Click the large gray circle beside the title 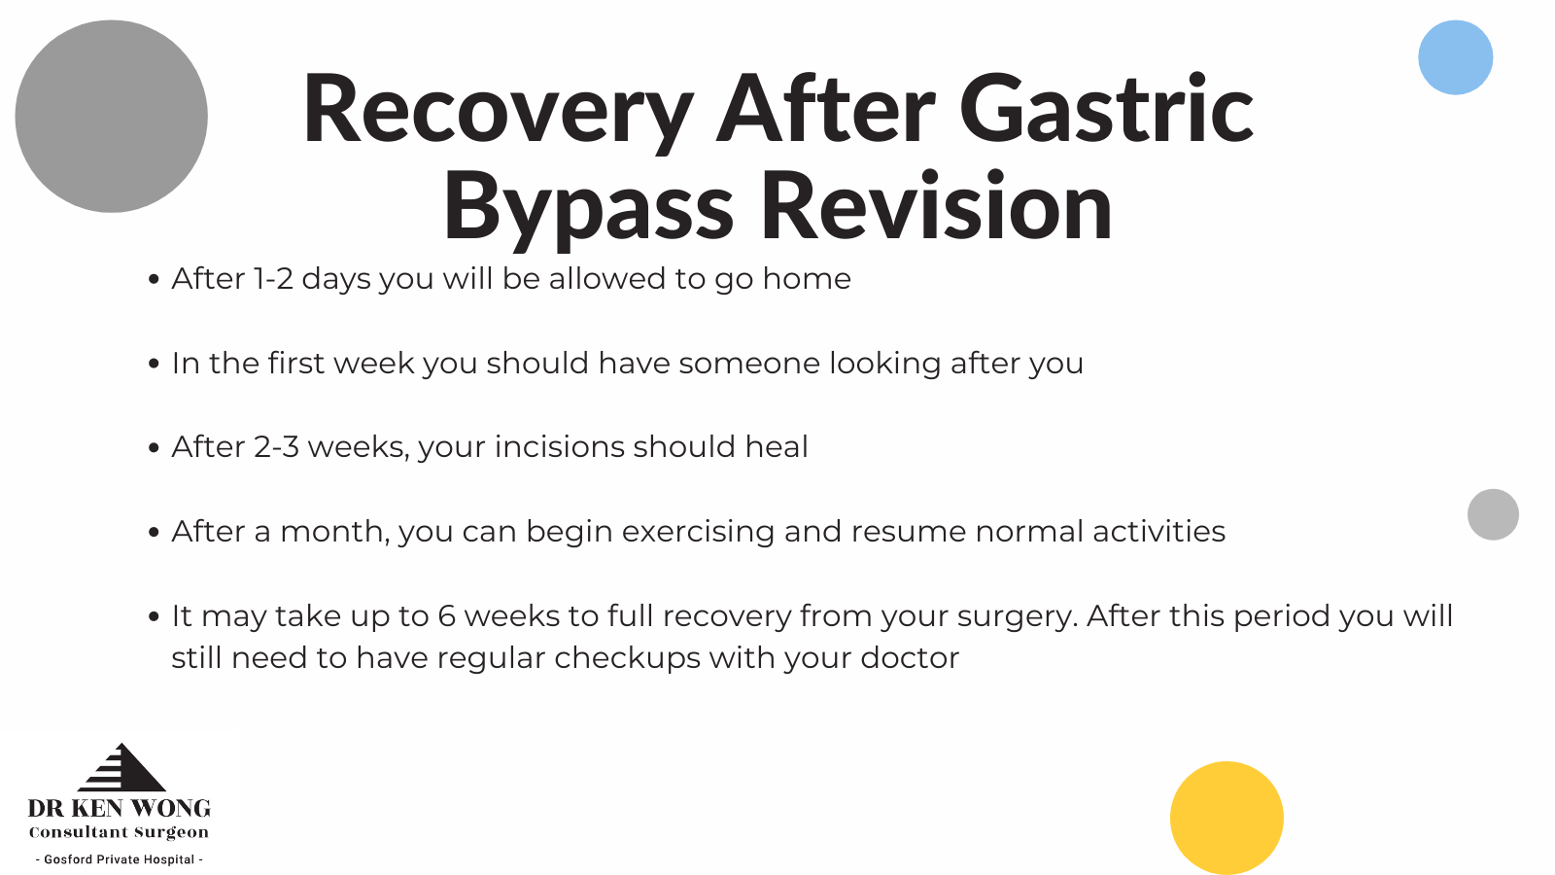tap(111, 116)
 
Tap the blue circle tap(1455, 57)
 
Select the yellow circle tap(1227, 818)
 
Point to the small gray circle tap(1493, 514)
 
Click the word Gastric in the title tap(1107, 110)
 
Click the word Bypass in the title tap(589, 207)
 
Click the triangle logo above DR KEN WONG tap(122, 767)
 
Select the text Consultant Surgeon tap(119, 832)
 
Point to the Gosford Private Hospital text tap(120, 859)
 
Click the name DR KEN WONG tap(119, 808)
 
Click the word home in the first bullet tap(807, 278)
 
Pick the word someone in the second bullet tap(749, 364)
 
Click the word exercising tap(698, 532)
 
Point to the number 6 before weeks tap(446, 616)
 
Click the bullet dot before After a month tap(154, 532)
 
